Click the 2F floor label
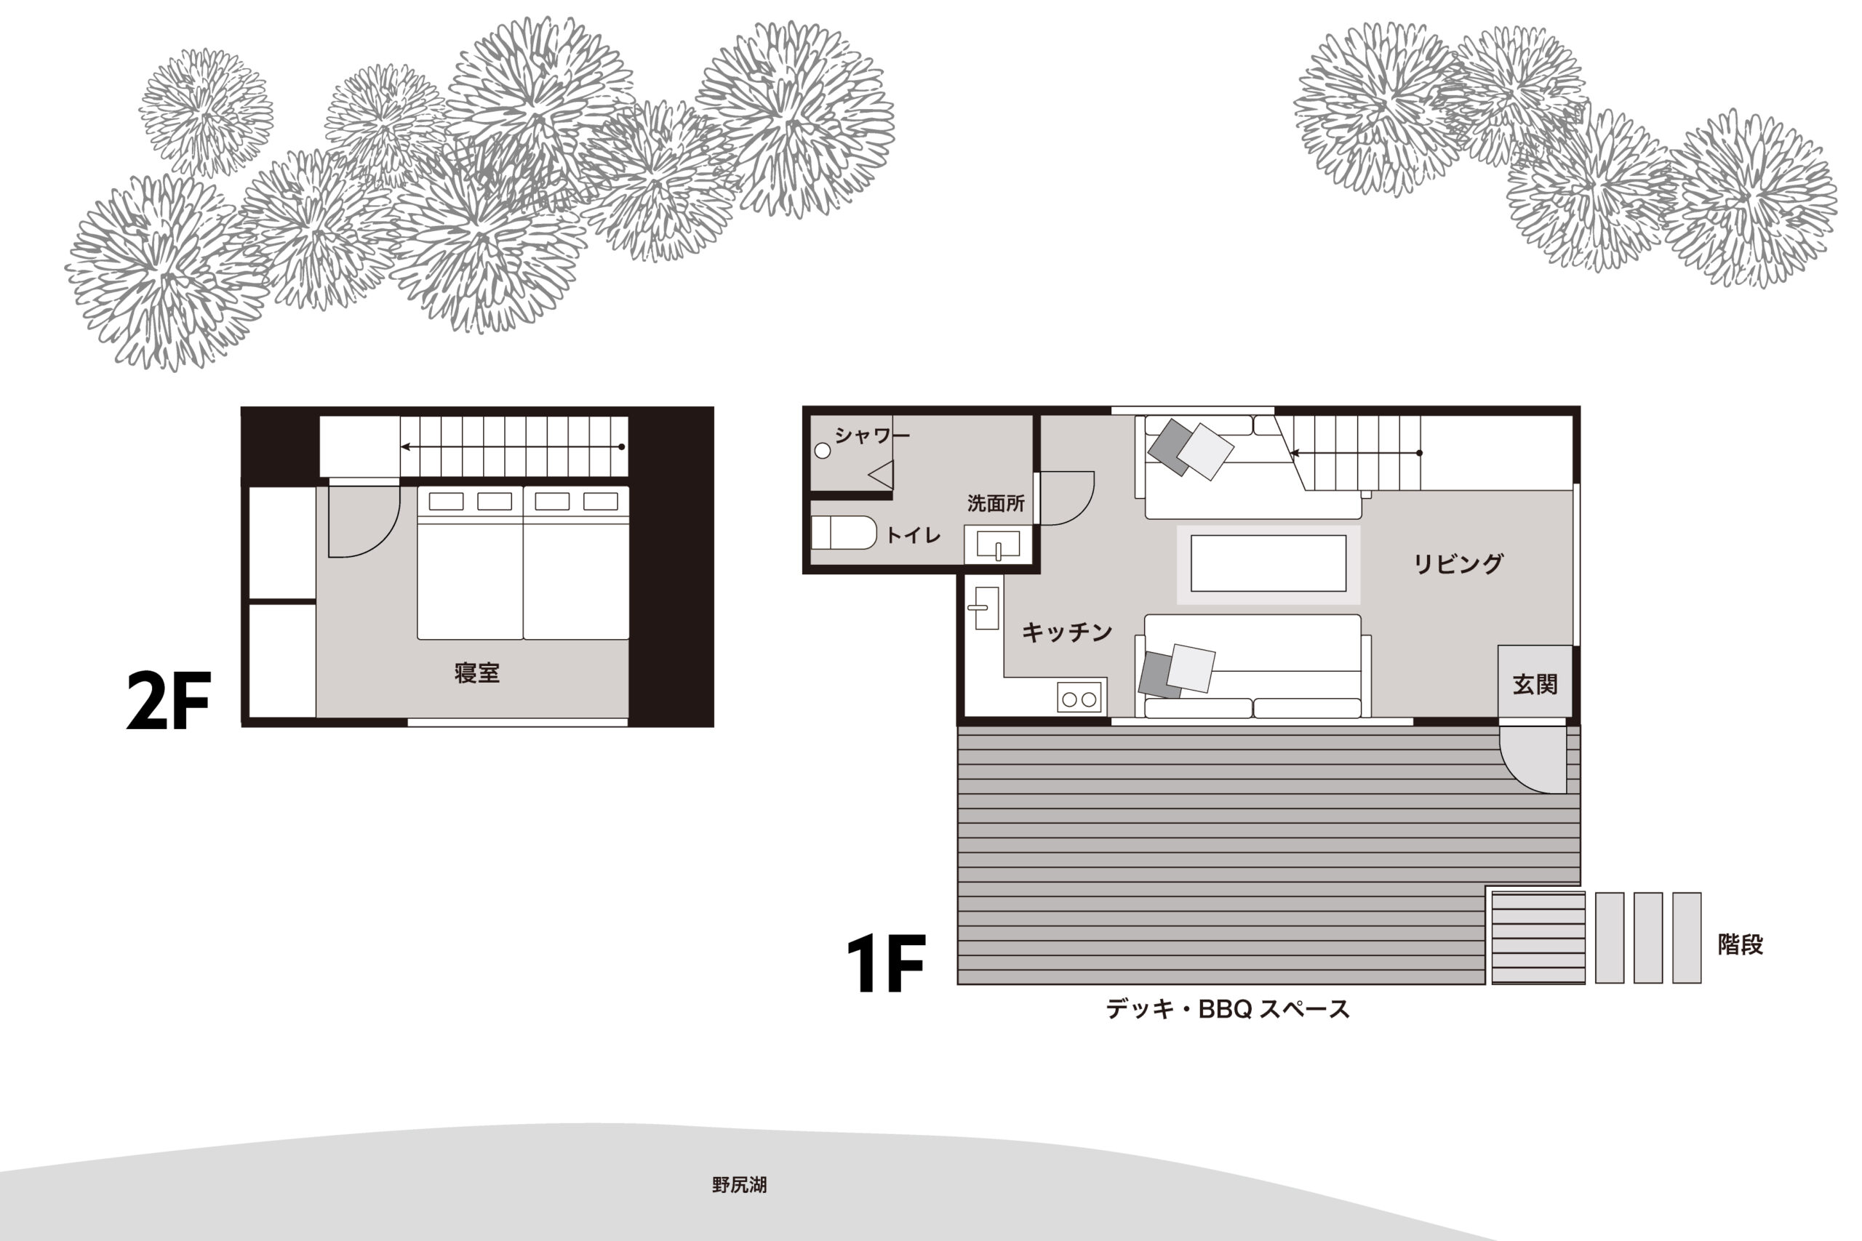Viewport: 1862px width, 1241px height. coord(169,699)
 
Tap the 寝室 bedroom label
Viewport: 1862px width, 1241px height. coord(476,672)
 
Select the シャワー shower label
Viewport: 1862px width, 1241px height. coord(871,435)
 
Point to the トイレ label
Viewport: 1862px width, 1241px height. coord(913,535)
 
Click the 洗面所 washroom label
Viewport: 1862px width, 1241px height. coord(996,503)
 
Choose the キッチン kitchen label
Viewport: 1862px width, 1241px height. coord(1067,632)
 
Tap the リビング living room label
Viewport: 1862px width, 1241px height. coord(1458,563)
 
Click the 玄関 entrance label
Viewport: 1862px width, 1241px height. coord(1535,685)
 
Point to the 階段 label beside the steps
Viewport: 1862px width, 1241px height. coord(1740,944)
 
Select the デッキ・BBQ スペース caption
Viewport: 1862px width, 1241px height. coord(1228,1009)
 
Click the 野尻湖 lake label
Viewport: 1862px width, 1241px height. coord(740,1185)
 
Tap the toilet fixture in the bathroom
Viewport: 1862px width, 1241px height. coord(844,533)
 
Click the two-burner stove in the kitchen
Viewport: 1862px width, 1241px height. coord(1079,698)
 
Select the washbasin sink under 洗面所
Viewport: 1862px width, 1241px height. coord(999,545)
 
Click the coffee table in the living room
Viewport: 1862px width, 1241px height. coord(1268,563)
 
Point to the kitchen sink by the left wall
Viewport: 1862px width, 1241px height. coord(986,608)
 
